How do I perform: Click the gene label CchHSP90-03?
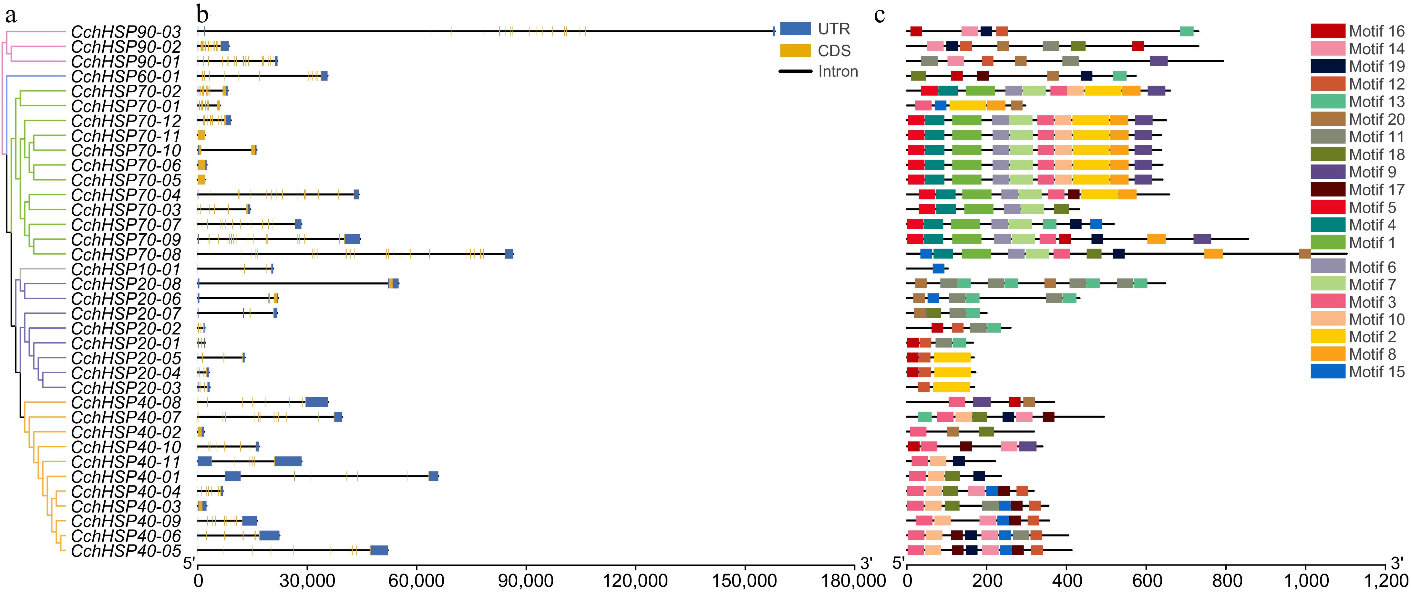[126, 32]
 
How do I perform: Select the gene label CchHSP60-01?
[126, 76]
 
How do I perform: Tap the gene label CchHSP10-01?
[126, 269]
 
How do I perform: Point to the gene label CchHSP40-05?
[126, 550]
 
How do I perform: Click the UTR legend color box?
[795, 28]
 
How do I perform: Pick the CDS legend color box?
[795, 50]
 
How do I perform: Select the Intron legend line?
[795, 71]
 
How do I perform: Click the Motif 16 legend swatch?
[1328, 31]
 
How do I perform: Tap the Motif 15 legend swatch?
[1328, 372]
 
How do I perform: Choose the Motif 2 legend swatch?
[1328, 336]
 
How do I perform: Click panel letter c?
[880, 15]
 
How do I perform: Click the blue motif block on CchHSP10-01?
[938, 269]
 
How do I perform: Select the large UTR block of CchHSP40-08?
[317, 402]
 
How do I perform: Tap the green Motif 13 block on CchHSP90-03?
[1186, 31]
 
